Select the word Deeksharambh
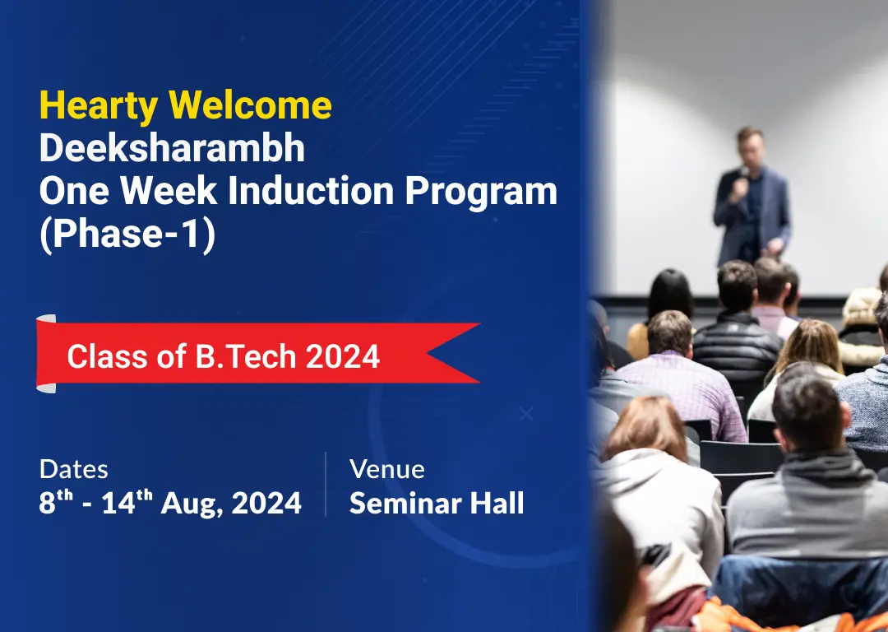172,148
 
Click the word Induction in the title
311,190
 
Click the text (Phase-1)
127,234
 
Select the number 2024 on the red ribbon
343,356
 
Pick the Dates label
74,469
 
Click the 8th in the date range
56,502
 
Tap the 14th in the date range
127,502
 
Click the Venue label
386,469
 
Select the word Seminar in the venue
405,503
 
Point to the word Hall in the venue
497,503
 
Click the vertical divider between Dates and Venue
326,485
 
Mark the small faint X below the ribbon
526,415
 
